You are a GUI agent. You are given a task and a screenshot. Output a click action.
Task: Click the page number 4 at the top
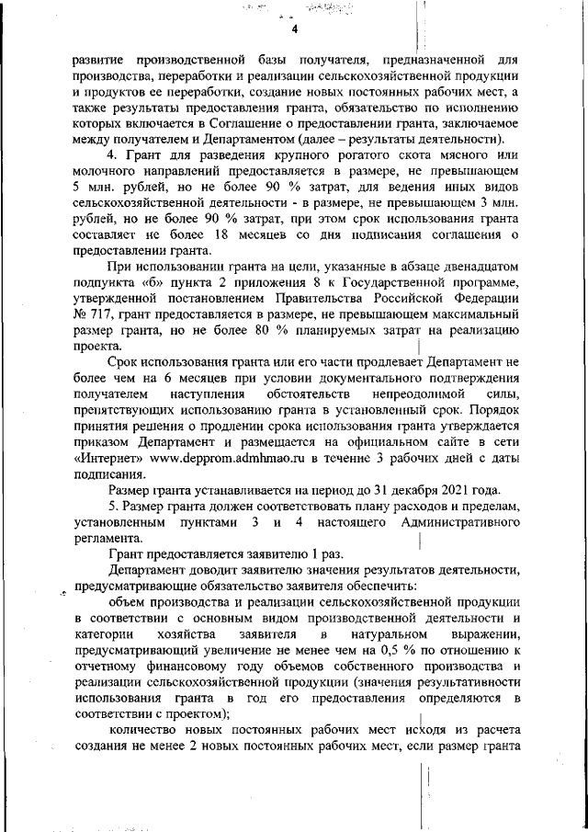coord(295,28)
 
